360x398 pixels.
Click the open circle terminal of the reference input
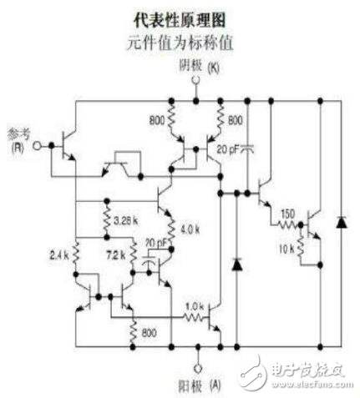click(36, 145)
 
